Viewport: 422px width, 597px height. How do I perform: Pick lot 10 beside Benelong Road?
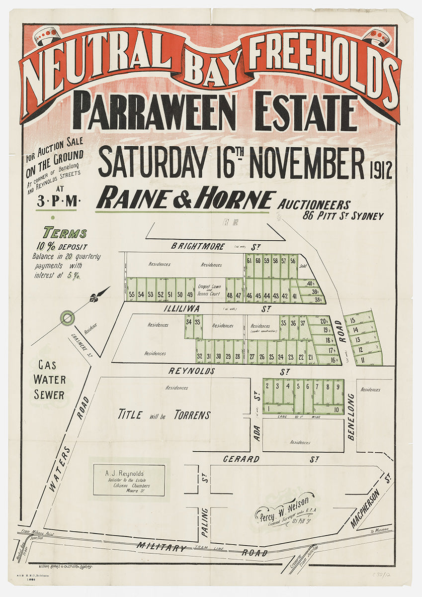(337, 409)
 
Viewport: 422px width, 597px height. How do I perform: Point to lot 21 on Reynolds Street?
(311, 357)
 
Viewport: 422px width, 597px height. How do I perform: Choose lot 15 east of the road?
(353, 320)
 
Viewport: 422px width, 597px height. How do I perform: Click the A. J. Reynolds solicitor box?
(129, 480)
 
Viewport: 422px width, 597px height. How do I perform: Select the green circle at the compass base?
(67, 317)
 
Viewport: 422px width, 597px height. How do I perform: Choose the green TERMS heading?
(65, 233)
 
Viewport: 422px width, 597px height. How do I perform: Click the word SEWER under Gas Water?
(50, 395)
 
